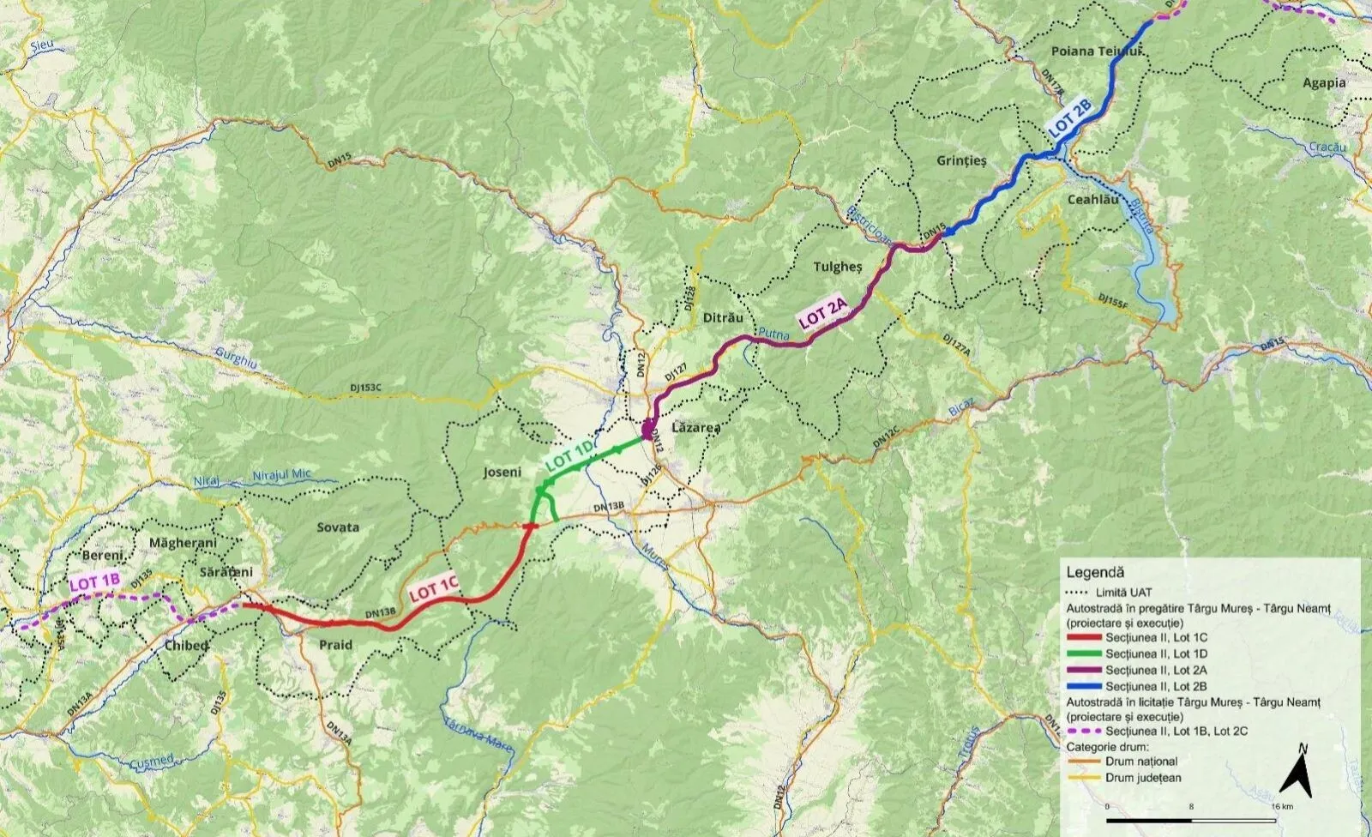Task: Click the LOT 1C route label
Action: (433, 589)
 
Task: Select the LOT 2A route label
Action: (822, 315)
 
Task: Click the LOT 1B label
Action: (94, 582)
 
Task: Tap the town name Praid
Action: (335, 645)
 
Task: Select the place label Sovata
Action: (338, 527)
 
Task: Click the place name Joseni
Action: (502, 472)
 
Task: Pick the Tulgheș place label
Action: (837, 267)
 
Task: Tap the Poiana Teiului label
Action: (1098, 51)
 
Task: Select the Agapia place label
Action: (1324, 83)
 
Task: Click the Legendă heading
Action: (1095, 572)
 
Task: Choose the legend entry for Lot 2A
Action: (1155, 670)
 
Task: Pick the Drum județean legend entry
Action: (1142, 778)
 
